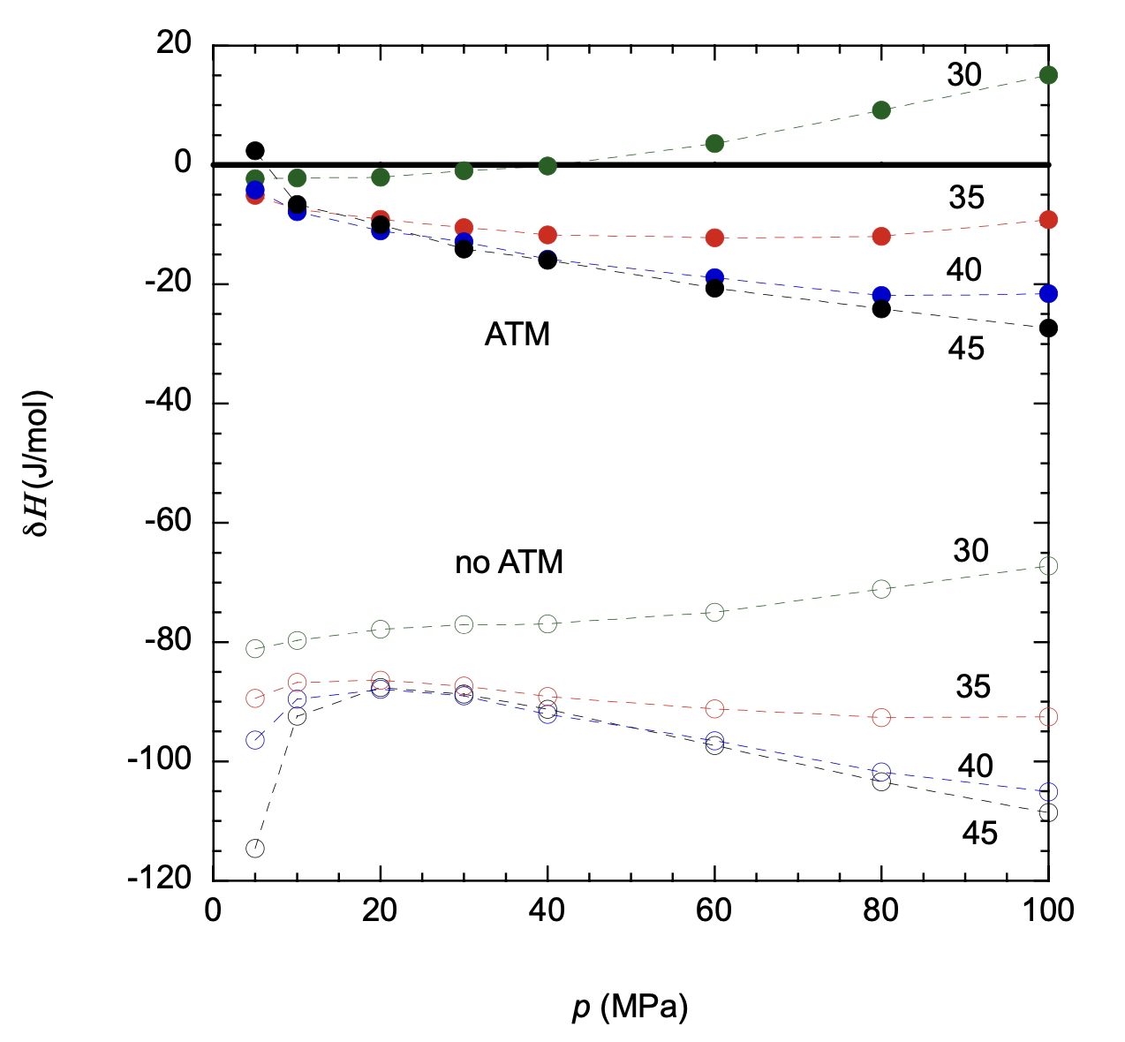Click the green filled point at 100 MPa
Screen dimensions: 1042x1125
[1048, 75]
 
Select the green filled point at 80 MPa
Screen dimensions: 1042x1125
[881, 110]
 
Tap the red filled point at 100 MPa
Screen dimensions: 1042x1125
[1048, 220]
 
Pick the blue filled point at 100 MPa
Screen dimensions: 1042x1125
[1048, 293]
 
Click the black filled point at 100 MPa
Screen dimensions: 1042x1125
[1048, 328]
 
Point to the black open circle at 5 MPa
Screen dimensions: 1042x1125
[255, 849]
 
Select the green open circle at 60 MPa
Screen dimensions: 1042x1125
[714, 612]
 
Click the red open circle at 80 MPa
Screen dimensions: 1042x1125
[881, 717]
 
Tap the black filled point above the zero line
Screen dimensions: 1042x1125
[255, 150]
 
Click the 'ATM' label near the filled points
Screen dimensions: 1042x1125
[517, 335]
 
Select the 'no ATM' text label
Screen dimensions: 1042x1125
[509, 563]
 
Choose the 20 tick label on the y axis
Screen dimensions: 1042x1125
[174, 43]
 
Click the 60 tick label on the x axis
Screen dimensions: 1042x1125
[714, 910]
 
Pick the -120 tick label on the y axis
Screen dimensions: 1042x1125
[160, 879]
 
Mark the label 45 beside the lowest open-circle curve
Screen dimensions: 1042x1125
[979, 834]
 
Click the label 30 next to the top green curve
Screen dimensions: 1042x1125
[964, 75]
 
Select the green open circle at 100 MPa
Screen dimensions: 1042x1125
[1048, 566]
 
